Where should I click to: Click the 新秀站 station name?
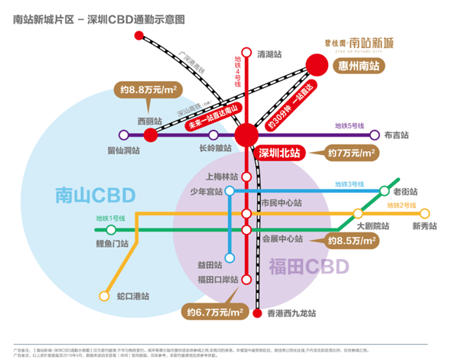coord(425,225)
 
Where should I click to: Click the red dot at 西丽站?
coord(150,135)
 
